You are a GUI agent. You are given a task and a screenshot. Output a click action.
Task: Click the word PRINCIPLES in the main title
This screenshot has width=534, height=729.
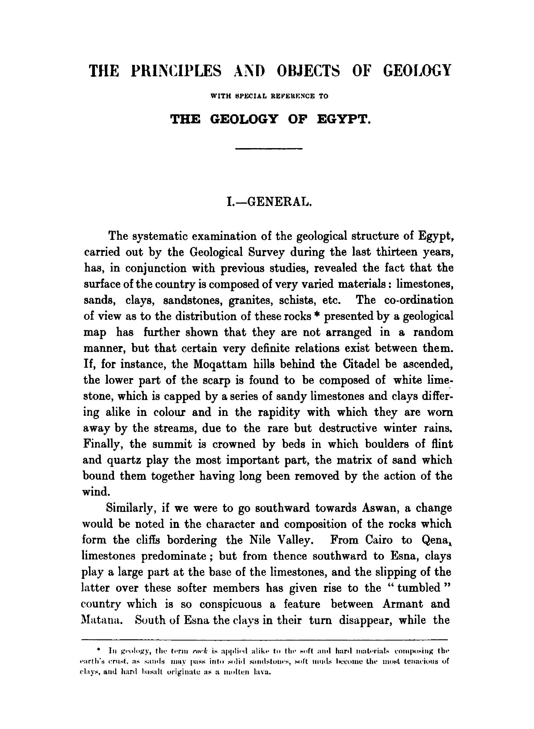(x=176, y=70)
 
